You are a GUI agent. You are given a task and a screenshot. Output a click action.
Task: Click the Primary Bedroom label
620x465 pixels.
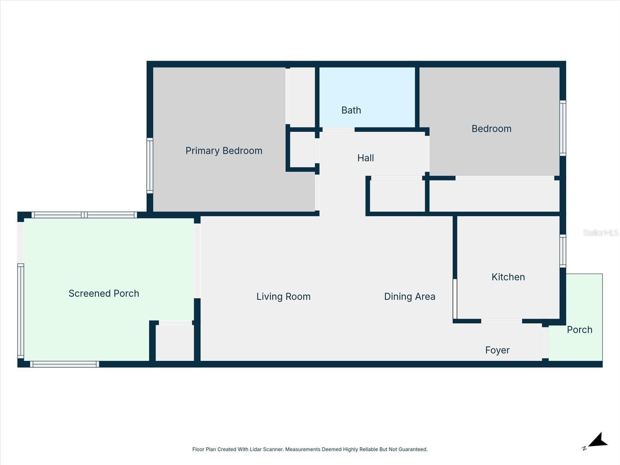click(x=224, y=151)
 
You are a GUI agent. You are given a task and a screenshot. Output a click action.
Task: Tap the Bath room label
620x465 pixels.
click(x=351, y=110)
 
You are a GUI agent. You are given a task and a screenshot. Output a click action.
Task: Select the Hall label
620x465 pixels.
click(x=365, y=158)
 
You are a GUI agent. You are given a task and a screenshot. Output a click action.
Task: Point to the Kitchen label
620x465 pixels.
click(x=508, y=277)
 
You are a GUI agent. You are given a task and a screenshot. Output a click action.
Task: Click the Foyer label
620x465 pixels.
click(x=497, y=350)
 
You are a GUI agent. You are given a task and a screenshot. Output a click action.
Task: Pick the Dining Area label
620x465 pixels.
click(x=410, y=297)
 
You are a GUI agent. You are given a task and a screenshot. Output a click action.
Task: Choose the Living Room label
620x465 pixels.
click(x=283, y=297)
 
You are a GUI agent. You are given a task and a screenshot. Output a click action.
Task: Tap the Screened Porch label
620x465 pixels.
click(x=104, y=294)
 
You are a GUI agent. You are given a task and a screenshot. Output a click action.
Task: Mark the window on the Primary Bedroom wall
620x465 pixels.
click(x=150, y=165)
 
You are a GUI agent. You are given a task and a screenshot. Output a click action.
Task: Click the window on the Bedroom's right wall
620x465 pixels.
click(x=563, y=128)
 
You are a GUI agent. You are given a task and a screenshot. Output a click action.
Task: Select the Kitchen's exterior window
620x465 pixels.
click(x=563, y=251)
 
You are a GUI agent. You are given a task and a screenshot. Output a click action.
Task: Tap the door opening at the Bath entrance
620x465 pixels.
click(x=338, y=130)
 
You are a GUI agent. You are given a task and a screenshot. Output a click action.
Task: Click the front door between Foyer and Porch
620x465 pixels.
click(x=545, y=343)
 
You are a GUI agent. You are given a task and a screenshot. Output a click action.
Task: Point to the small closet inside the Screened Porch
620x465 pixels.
click(x=175, y=343)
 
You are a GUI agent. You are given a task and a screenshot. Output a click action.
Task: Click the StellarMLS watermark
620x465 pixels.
click(x=601, y=232)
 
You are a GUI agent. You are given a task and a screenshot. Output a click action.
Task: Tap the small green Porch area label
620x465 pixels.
click(x=579, y=330)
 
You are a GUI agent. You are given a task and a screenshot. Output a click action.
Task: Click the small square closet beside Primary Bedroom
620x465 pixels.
click(x=302, y=150)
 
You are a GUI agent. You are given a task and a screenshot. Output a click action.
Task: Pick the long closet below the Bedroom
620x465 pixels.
click(x=494, y=196)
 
